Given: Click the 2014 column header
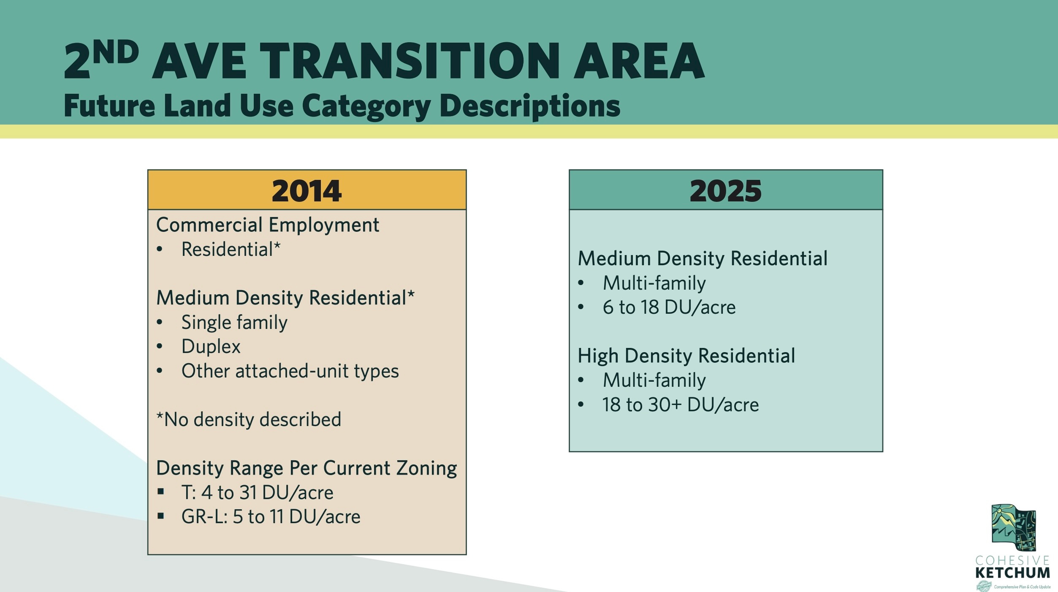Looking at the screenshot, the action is point(307,191).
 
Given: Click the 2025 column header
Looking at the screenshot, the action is point(725,191).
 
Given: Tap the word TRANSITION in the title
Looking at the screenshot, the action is point(410,61).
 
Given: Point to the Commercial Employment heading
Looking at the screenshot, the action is point(268,225).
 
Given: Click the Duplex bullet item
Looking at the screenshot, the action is point(211,347).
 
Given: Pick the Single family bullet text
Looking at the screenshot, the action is point(234,323).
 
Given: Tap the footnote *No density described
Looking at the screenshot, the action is point(249,420).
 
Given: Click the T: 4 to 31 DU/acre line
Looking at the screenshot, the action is point(257,493).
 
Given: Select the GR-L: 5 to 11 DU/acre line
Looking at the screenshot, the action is point(271,517).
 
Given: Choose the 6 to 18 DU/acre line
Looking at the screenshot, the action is point(669,307).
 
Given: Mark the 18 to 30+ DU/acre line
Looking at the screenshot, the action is point(681,405).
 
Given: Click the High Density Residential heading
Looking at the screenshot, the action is point(686,356).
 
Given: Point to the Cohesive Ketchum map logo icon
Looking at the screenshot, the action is point(1013,527).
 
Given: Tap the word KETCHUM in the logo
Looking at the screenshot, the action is point(1012,573).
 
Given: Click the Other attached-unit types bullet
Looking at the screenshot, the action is point(290,371).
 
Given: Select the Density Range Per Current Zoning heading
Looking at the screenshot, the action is point(307,468).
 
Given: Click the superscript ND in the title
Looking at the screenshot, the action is point(116,52).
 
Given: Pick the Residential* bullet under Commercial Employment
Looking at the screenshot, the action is point(231,250).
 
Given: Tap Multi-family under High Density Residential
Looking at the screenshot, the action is point(654,380).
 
